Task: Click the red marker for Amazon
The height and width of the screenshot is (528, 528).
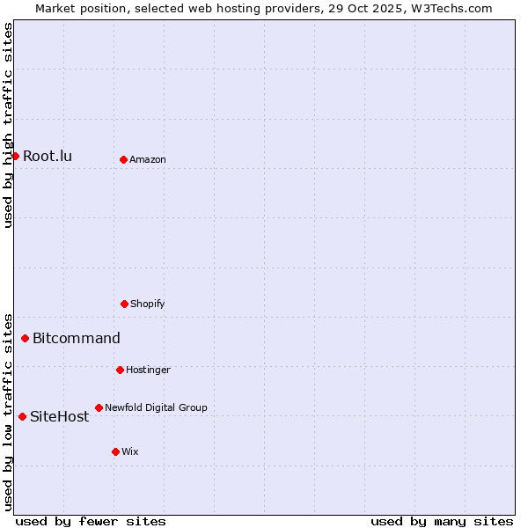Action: (123, 159)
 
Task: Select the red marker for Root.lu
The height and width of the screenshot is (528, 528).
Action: (15, 156)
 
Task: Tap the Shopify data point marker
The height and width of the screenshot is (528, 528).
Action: (124, 304)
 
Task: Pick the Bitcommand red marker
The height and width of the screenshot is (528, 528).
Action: (25, 338)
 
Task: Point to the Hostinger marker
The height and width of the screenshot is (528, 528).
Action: (120, 370)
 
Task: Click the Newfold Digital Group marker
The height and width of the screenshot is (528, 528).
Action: (99, 407)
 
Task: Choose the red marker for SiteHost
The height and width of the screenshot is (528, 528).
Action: (22, 416)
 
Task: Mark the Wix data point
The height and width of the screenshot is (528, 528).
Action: (115, 451)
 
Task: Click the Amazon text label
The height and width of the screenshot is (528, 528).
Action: (148, 159)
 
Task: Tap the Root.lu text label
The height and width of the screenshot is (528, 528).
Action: (48, 157)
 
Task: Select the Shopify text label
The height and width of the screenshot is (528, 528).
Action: (148, 304)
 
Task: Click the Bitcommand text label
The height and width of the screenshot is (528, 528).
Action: (77, 339)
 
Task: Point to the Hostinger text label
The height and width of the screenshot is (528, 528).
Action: (148, 370)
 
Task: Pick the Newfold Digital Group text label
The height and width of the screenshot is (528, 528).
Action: (156, 407)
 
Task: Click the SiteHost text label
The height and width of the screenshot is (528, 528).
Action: (60, 417)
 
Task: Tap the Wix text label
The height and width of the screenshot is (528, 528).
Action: (130, 451)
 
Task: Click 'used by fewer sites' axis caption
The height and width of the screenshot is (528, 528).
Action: (91, 521)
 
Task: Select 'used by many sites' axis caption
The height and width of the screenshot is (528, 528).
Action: (442, 521)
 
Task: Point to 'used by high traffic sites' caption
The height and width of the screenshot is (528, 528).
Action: (8, 125)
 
